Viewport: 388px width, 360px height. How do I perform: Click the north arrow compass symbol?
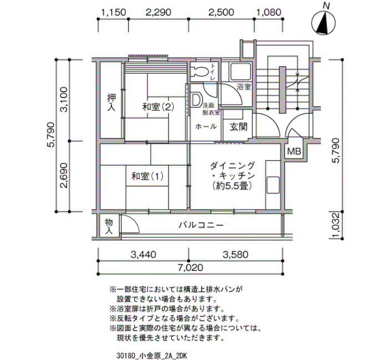click(324, 23)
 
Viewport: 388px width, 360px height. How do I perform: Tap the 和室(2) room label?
click(158, 107)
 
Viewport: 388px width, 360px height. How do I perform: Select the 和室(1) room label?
click(147, 176)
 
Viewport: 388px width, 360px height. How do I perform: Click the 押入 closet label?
click(111, 102)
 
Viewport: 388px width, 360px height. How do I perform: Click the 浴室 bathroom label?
click(244, 87)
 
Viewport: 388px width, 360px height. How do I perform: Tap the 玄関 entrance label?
click(238, 127)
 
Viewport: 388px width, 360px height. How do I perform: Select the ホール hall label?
click(206, 126)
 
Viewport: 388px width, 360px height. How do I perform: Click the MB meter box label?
click(294, 151)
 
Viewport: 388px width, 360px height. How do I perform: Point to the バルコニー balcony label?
click(201, 225)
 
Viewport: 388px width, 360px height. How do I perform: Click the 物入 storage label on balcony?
click(109, 226)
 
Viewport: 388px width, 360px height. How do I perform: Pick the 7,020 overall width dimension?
click(191, 268)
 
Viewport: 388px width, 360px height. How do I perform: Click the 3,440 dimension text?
click(144, 254)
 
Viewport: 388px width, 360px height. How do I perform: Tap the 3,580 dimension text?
click(236, 254)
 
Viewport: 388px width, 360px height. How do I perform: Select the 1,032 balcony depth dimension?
click(335, 225)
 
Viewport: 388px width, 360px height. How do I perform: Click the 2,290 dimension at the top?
click(159, 12)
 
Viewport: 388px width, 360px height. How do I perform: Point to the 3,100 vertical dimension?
click(64, 99)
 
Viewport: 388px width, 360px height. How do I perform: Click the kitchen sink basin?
click(273, 185)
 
